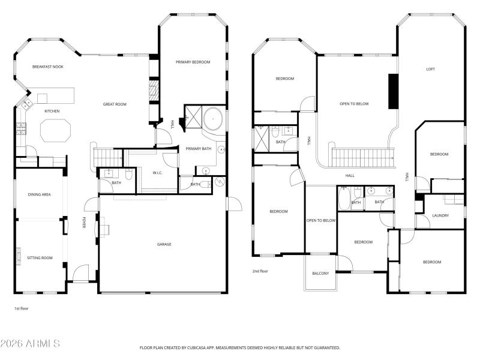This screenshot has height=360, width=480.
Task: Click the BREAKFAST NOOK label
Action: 48,67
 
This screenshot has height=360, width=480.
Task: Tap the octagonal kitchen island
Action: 55,130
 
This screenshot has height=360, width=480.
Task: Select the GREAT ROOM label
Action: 115,104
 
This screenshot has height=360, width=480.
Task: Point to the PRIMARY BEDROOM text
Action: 193,62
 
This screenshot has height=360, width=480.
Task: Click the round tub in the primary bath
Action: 213,119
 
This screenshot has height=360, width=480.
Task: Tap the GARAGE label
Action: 164,244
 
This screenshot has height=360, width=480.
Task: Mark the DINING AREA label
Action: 39,194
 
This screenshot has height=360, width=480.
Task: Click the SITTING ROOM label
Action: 40,258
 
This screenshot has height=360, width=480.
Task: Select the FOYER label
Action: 83,223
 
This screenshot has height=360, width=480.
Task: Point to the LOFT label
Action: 430,69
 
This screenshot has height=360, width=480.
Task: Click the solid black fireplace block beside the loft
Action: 393,91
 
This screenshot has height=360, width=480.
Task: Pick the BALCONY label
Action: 320,274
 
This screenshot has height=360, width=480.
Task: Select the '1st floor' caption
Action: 22,308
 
